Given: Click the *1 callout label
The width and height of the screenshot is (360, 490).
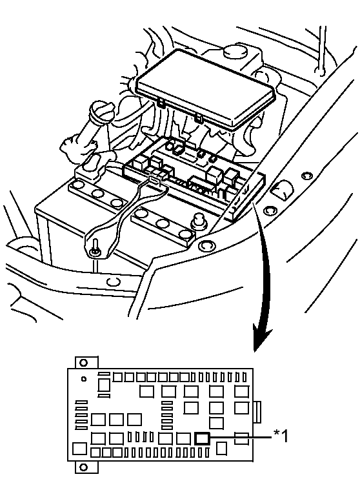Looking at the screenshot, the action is pos(281,436).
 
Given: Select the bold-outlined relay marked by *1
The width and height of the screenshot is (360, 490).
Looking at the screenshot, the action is pos(202,438).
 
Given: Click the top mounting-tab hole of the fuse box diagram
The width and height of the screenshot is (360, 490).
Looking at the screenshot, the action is pos(83,363).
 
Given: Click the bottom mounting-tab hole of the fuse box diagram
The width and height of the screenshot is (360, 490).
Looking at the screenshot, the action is pos(83,467).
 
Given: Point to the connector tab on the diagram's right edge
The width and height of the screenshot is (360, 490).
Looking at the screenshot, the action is pos(257,412).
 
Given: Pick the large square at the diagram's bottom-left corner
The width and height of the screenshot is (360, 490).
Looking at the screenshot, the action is pos(79,449).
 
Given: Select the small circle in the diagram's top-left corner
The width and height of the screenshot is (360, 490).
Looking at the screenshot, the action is pos(83,379).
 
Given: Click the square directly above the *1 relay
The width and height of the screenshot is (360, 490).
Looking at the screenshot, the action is pos(216,423).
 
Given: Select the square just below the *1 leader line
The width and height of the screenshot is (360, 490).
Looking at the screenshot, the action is pos(222,449).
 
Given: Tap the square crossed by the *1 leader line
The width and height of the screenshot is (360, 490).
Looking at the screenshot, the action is pos(241,438).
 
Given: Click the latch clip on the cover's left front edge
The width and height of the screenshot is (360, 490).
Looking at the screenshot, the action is pos(161,103).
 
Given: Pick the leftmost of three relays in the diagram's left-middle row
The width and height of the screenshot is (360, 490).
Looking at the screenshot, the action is pos(97,420).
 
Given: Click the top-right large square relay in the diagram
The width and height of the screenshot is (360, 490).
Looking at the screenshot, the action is pos(241,392).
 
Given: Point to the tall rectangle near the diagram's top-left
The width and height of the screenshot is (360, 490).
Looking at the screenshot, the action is pos(105,386).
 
